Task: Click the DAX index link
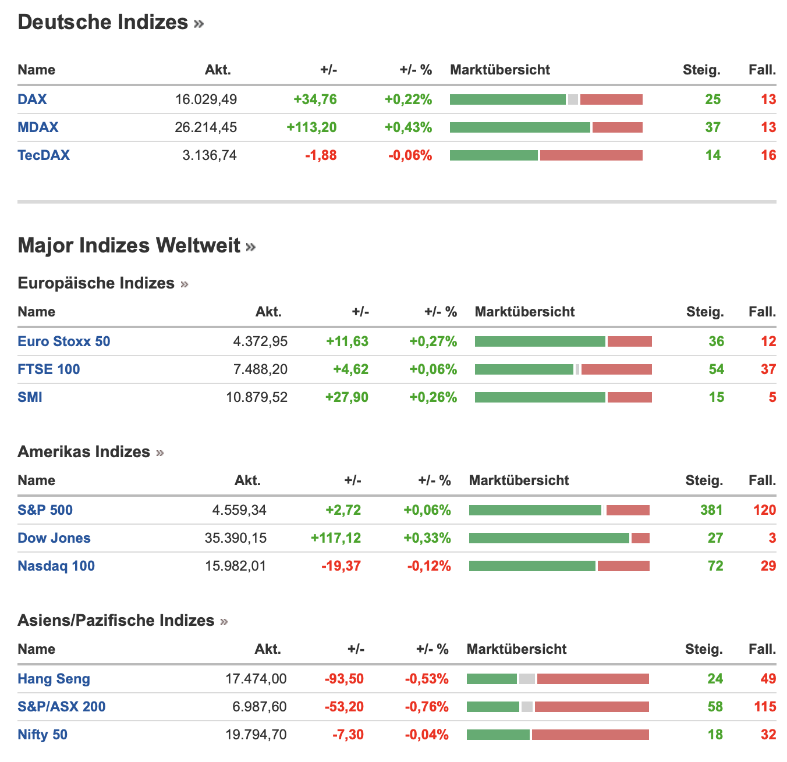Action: click(32, 99)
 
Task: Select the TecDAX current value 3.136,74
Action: click(210, 155)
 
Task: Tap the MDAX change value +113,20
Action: click(311, 127)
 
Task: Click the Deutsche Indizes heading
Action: click(103, 22)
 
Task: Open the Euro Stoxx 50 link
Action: click(64, 341)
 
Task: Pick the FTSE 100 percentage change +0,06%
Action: click(433, 369)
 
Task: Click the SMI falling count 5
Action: click(772, 397)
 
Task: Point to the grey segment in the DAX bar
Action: click(573, 99)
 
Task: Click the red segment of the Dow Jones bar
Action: click(640, 538)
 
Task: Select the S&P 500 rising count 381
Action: click(711, 510)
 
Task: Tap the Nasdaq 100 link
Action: click(56, 566)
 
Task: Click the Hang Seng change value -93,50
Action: click(344, 679)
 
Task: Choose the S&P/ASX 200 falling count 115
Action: click(765, 707)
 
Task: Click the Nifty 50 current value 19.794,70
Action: click(256, 735)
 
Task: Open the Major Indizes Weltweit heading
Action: click(129, 245)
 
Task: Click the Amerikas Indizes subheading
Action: click(84, 452)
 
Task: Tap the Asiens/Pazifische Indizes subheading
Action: click(116, 621)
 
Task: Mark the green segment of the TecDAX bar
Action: click(494, 155)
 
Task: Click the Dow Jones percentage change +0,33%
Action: click(427, 538)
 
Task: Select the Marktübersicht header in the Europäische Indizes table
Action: click(524, 312)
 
